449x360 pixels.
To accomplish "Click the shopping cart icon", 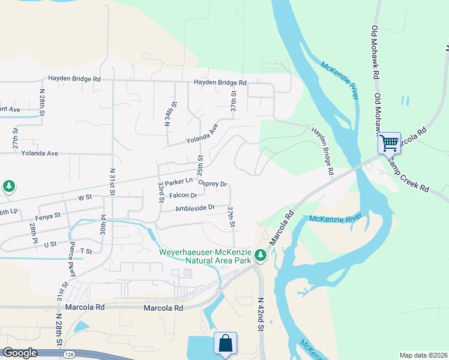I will [x=389, y=143].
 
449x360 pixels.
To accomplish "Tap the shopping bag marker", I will [x=225, y=343].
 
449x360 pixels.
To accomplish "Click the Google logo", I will [x=20, y=353].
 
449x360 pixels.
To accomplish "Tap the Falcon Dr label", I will [x=183, y=196].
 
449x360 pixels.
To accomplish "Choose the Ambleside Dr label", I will [x=195, y=208].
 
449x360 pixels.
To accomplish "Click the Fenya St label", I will [x=49, y=215].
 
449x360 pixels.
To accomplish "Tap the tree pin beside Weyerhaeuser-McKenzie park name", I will [x=260, y=256].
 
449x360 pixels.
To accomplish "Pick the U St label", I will [x=50, y=244].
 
